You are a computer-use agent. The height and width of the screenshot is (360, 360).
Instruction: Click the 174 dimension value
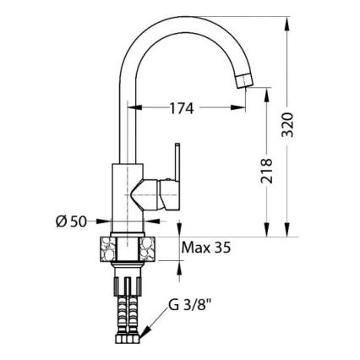pos(182,108)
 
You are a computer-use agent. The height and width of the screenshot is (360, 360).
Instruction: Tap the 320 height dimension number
pos(287,125)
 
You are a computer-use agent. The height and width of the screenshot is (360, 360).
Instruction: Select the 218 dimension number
pos(266,171)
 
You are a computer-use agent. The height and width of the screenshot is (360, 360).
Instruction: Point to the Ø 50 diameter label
pos(71,221)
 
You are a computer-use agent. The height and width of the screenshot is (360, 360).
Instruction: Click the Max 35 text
pos(206,248)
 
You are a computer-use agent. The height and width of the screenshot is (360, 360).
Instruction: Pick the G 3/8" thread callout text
pos(190,305)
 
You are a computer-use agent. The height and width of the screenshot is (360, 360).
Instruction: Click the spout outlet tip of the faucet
pos(244,80)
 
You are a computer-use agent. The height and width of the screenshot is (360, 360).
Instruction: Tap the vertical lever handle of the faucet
pos(177,162)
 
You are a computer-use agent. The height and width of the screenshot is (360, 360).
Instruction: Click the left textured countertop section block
pos(108,249)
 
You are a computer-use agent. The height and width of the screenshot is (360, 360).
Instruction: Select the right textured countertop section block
pos(147,249)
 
